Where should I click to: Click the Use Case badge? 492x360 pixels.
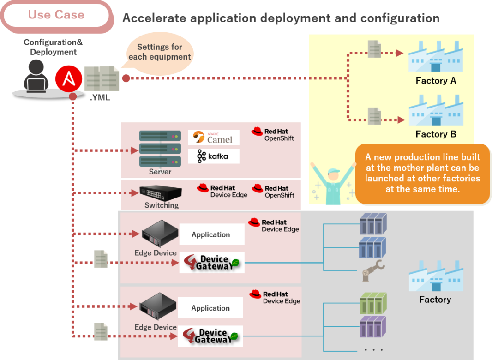pyautogui.click(x=56, y=15)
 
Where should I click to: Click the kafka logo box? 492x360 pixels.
pyautogui.click(x=214, y=156)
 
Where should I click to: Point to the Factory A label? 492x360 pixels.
pyautogui.click(x=436, y=81)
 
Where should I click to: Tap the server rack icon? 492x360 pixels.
pyautogui.click(x=160, y=149)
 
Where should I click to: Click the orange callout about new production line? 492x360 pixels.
pyautogui.click(x=422, y=173)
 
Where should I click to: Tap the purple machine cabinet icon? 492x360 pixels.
pyautogui.click(x=372, y=327)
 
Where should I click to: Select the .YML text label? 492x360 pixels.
pyautogui.click(x=100, y=98)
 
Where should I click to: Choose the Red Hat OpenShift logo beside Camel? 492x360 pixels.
pyautogui.click(x=273, y=134)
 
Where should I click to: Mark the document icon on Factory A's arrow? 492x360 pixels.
pyautogui.click(x=374, y=49)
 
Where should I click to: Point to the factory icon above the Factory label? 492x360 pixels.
pyautogui.click(x=436, y=276)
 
